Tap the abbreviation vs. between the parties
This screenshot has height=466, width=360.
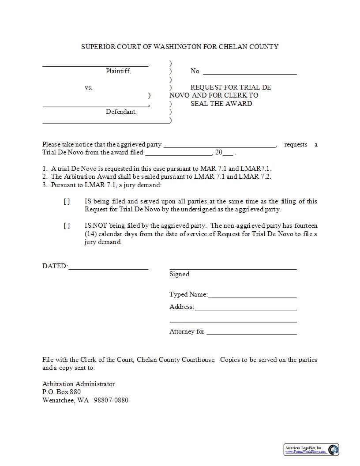88,87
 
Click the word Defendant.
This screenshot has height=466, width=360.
121,112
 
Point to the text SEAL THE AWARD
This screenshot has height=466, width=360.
221,104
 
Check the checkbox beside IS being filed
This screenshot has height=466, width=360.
67,201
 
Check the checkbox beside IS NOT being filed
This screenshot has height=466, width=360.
67,225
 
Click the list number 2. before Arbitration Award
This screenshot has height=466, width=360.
45,177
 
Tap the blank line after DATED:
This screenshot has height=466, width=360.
109,268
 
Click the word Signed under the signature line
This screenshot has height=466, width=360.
179,274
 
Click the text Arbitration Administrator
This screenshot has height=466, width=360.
79,384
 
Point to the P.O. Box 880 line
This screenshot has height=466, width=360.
61,392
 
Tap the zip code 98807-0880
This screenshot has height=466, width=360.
111,400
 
